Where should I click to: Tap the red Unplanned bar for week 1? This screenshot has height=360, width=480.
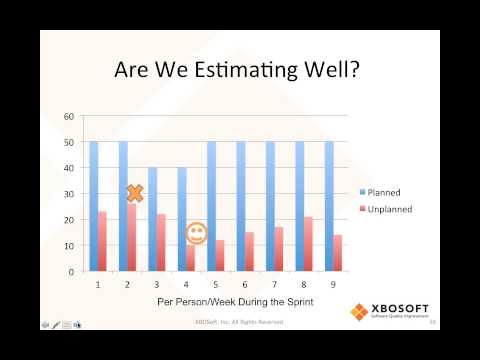102,241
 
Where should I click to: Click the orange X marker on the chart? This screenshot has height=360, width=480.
134,193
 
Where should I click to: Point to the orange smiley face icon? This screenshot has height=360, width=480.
196,233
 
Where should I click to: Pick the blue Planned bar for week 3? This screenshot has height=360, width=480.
151,205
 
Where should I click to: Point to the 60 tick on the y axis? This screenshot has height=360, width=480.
69,116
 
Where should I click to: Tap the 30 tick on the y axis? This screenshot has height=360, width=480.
69,193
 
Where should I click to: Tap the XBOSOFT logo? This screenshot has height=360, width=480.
393,311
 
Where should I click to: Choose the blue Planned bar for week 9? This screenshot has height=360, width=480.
328,205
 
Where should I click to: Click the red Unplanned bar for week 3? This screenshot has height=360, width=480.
161,242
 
